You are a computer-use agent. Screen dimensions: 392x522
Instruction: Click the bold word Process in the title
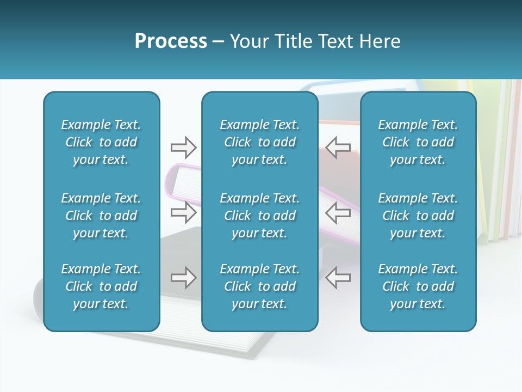click(x=171, y=41)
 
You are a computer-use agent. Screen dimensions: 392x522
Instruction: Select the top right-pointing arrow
click(x=183, y=147)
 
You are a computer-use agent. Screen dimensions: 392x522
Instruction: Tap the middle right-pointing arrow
click(x=183, y=212)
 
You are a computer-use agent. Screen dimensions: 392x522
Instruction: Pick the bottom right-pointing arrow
click(x=183, y=278)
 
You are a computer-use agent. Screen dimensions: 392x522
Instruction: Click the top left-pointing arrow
click(x=338, y=147)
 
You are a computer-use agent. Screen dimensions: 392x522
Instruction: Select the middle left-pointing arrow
click(x=338, y=212)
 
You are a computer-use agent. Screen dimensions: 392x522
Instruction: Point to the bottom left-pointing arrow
click(x=338, y=278)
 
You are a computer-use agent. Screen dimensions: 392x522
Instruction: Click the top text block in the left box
click(x=101, y=142)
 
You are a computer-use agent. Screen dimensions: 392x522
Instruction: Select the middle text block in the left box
click(x=101, y=216)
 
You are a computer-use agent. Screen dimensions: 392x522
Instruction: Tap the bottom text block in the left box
click(x=101, y=286)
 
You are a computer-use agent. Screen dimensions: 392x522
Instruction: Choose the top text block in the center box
click(x=259, y=142)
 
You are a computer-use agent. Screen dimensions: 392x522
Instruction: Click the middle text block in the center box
click(x=259, y=216)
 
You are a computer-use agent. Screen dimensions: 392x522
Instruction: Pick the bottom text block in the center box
click(x=259, y=286)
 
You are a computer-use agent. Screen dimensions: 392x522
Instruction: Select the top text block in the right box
click(x=418, y=142)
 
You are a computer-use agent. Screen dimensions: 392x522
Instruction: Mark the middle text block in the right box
click(x=418, y=216)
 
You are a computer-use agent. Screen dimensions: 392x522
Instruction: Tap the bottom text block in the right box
click(x=418, y=286)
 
